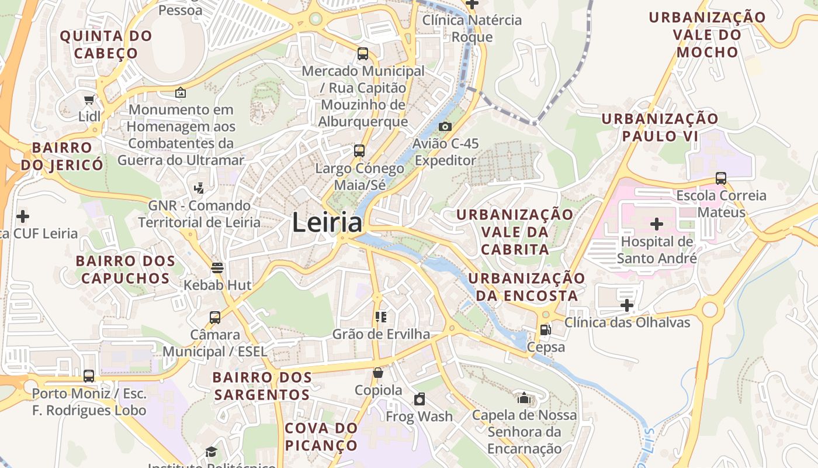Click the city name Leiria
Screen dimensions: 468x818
click(327, 223)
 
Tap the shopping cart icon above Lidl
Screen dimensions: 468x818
click(89, 100)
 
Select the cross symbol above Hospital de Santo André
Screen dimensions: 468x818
click(657, 223)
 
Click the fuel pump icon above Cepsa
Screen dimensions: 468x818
click(545, 330)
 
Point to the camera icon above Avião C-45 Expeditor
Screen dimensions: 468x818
click(445, 126)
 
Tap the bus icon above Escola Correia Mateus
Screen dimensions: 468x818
click(721, 178)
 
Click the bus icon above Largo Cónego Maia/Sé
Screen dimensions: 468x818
click(359, 151)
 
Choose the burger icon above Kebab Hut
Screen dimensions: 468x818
click(217, 268)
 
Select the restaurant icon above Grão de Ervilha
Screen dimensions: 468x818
click(381, 317)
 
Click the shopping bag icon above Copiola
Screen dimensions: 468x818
click(378, 373)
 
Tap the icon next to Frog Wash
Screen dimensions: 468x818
click(419, 399)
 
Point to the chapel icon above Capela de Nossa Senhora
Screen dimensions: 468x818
click(524, 398)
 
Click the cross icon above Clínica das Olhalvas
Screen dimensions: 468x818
click(627, 305)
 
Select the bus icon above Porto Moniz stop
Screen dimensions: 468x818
click(89, 376)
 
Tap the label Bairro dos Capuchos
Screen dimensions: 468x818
click(125, 269)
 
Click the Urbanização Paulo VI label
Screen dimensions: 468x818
click(660, 127)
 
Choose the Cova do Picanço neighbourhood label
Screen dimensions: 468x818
click(321, 436)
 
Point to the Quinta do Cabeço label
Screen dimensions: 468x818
click(106, 44)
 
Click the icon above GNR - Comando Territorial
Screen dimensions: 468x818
click(199, 188)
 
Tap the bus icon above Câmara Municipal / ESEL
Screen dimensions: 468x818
click(215, 318)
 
